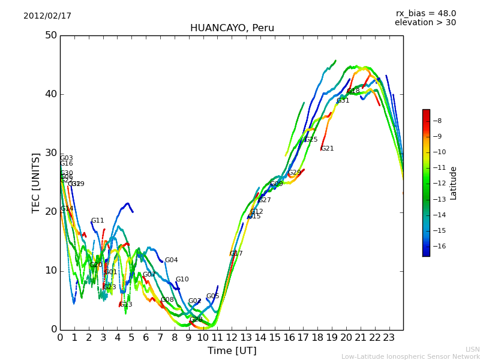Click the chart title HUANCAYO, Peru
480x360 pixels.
click(232, 28)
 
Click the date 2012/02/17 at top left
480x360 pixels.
click(47, 16)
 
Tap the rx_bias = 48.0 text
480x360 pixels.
click(425, 14)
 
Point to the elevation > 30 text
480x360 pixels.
click(425, 23)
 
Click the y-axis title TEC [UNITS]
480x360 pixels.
click(36, 182)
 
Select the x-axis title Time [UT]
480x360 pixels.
click(232, 351)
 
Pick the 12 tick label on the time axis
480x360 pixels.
click(232, 337)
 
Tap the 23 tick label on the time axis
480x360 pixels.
click(389, 337)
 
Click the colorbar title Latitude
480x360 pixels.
click(454, 183)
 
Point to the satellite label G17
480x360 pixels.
click(236, 254)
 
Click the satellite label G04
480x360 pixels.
click(171, 260)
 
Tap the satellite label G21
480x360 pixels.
click(328, 149)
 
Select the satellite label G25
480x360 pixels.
click(311, 140)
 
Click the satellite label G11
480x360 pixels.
click(98, 221)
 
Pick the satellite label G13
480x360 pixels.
click(126, 305)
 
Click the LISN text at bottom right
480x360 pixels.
click(472, 349)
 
